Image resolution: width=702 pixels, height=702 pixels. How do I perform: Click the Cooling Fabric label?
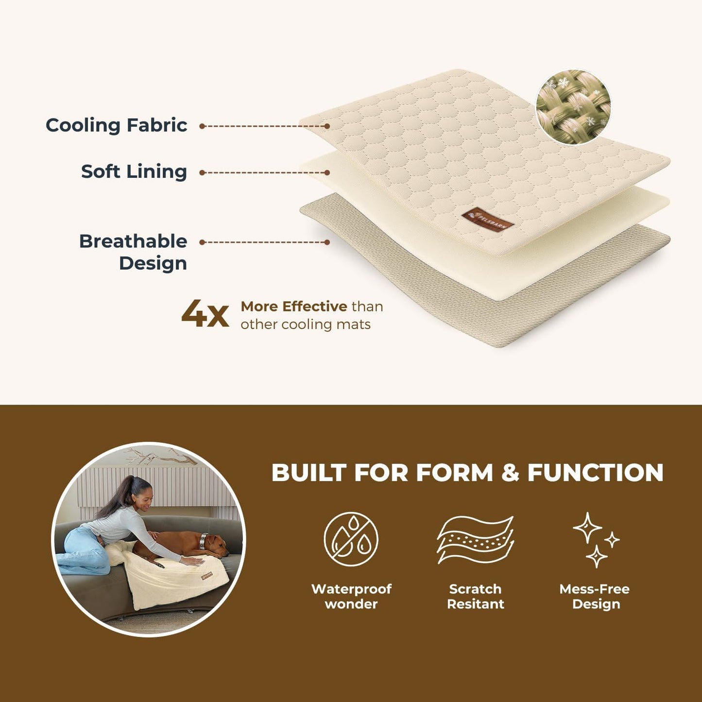tap(116, 125)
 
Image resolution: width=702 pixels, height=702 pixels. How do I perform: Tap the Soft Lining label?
tap(134, 171)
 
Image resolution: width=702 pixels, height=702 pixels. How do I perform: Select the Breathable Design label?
tap(133, 252)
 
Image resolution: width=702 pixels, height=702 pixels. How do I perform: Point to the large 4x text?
tap(205, 314)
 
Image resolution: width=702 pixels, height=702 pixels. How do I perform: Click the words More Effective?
tap(294, 307)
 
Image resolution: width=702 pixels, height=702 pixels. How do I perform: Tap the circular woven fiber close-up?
tap(573, 106)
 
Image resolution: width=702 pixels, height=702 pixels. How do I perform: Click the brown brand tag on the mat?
tap(488, 220)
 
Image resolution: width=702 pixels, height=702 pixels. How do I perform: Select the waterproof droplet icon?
tap(351, 539)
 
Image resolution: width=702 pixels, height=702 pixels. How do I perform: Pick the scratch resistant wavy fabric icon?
tap(475, 539)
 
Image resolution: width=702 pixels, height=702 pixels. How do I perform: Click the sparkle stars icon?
tap(596, 540)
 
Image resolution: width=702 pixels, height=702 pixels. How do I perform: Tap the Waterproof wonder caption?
tap(351, 597)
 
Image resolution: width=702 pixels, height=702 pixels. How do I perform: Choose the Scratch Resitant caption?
tap(476, 597)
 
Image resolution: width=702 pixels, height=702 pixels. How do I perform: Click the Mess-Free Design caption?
tap(595, 597)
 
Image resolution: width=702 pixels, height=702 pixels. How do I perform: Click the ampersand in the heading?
tap(510, 473)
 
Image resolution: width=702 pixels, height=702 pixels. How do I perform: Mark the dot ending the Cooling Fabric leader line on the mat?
tap(327, 126)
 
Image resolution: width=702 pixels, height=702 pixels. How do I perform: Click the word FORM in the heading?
tap(455, 473)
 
